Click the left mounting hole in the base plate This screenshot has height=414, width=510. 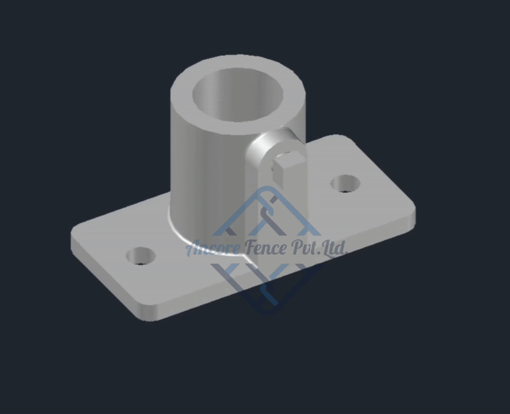pos(141,256)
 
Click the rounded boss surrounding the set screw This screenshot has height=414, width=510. pos(265,159)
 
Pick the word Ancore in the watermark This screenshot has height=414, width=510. pos(210,248)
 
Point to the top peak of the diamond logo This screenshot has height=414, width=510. pos(266,189)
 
